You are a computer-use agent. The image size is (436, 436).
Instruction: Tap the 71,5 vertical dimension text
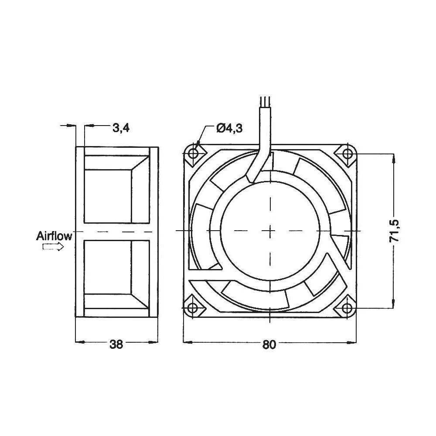point(395,231)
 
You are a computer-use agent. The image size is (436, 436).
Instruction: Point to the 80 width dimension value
point(269,344)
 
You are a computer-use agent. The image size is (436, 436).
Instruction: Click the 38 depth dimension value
point(116,344)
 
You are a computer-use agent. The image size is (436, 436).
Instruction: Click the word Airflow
point(54,237)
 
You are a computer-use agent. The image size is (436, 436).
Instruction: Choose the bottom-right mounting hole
point(347,308)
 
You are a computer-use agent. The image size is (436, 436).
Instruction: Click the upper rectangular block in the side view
point(107,195)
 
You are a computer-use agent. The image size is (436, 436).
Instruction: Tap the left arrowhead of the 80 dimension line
point(187,342)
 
